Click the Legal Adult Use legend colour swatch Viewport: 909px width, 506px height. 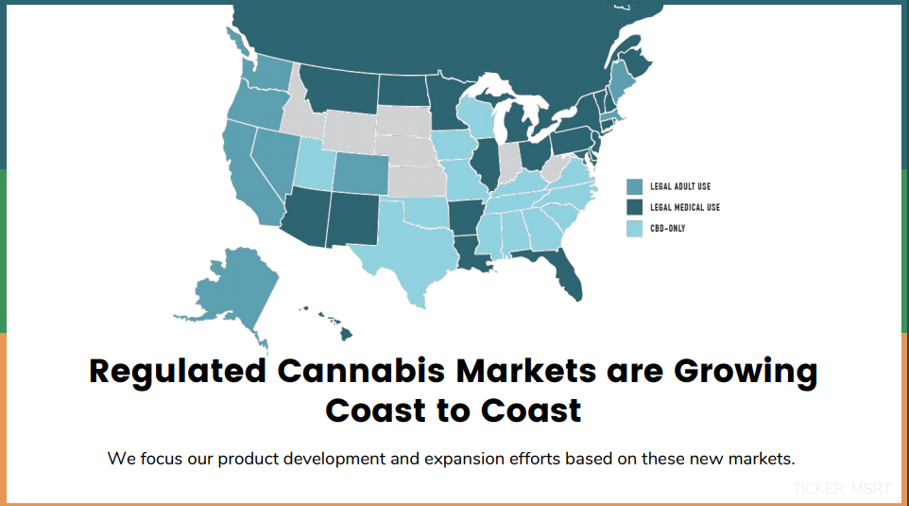634,187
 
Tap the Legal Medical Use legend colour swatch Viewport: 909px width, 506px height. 634,208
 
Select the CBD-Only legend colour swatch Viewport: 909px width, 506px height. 634,229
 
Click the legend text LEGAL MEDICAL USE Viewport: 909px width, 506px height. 685,207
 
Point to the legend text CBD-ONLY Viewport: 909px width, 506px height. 668,228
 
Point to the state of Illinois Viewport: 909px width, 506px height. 486,163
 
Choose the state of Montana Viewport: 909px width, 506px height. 342,90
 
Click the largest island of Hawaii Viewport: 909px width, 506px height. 346,334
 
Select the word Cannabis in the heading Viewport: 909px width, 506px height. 362,371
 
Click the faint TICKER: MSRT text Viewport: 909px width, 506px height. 842,489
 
